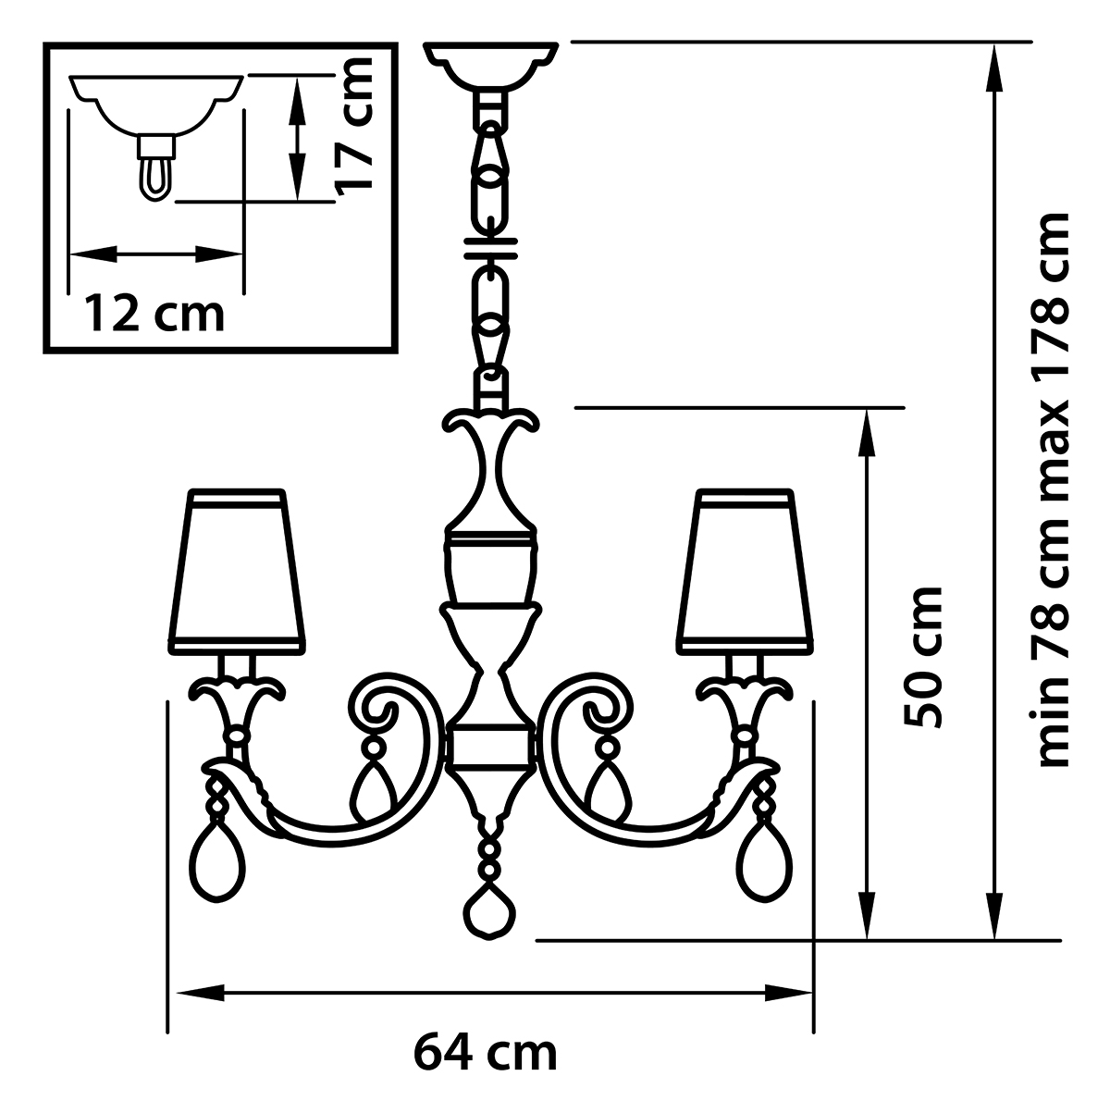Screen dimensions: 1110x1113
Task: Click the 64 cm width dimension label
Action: tap(486, 1054)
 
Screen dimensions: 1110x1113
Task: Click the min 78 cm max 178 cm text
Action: tap(1054, 489)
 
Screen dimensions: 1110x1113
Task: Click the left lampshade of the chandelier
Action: tap(237, 573)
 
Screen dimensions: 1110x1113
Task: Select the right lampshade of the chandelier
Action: tap(745, 573)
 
